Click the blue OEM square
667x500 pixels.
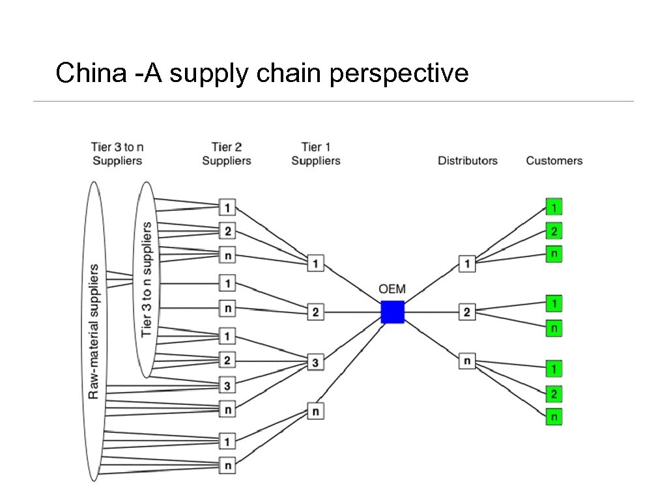pos(393,312)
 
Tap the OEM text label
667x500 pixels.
pos(393,289)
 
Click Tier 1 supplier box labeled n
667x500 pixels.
pos(315,411)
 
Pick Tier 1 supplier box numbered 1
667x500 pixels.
pos(315,264)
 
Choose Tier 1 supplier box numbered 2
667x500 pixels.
pos(315,312)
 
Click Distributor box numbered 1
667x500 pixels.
pos(467,264)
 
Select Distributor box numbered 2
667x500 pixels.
pos(467,312)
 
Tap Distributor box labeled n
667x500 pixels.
pos(467,360)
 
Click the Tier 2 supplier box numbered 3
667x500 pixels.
pos(227,386)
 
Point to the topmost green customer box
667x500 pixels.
pos(554,207)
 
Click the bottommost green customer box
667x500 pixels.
pos(554,417)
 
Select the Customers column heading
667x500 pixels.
pos(554,160)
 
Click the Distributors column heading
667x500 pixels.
pos(468,160)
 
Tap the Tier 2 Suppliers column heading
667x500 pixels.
pos(227,154)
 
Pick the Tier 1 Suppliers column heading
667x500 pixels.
pos(316,154)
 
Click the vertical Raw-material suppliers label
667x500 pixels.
pos(94,331)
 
